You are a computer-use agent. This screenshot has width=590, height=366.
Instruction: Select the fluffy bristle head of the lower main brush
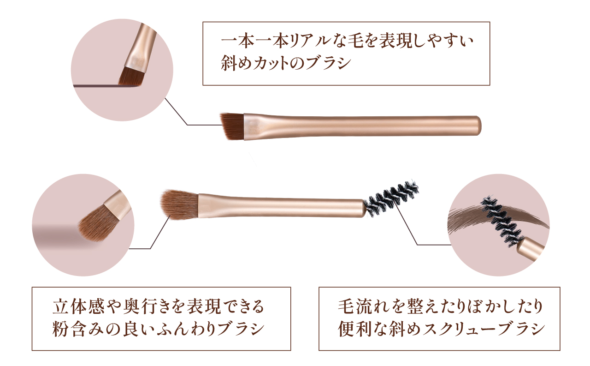click(x=180, y=204)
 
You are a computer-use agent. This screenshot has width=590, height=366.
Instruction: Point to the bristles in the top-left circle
click(x=131, y=77)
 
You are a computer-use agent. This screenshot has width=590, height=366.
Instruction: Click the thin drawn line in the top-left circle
click(x=106, y=86)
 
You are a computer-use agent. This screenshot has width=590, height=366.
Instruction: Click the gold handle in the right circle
click(x=531, y=249)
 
